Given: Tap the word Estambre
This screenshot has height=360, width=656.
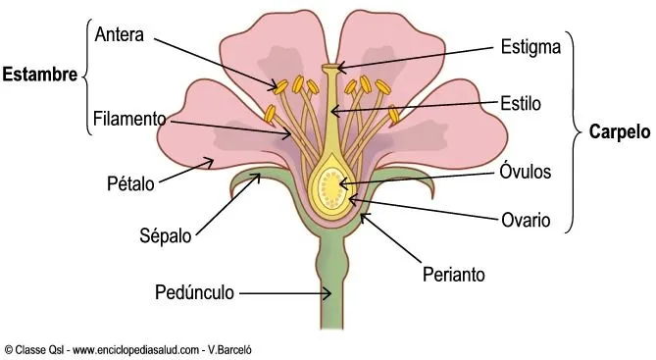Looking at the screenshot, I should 40,74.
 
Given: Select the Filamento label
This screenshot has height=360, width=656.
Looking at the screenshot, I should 130,120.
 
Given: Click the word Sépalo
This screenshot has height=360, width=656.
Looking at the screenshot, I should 164,236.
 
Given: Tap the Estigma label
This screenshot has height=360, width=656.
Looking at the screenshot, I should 530,46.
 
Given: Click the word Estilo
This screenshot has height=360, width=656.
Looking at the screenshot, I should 521,101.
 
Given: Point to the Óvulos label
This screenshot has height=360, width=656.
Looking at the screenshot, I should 526,172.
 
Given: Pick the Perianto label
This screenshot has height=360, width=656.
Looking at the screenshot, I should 452,276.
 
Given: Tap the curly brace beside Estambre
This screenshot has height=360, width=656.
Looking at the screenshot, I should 85,73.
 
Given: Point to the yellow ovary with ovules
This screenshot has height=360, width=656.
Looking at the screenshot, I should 333,182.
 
